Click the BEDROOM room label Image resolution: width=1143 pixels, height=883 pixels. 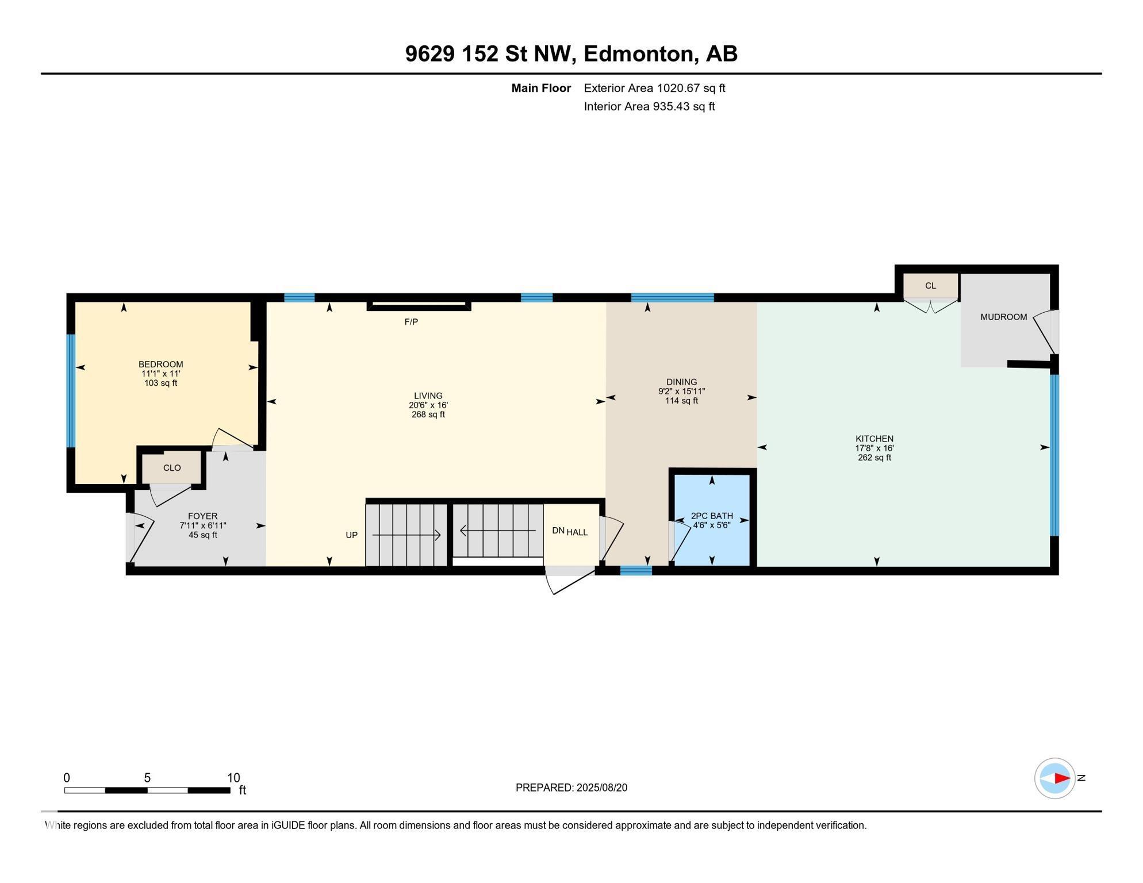point(160,364)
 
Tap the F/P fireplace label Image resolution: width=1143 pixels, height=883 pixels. point(411,322)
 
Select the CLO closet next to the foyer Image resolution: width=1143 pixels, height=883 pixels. point(172,468)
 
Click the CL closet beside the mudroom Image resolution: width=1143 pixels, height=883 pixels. point(930,286)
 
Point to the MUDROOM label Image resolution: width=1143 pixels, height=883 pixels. point(1003,317)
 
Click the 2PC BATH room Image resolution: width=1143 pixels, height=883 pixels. point(712,516)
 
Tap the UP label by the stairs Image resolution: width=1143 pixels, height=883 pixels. point(351,535)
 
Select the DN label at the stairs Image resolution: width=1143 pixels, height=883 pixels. point(558,531)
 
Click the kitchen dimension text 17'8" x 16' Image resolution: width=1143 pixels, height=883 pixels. point(874,448)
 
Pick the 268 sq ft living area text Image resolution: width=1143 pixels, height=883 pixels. point(428,414)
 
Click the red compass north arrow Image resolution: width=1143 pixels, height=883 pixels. point(1061,778)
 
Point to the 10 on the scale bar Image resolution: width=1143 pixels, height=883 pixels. point(233,778)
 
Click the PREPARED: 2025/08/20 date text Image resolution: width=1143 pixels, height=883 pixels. point(571,788)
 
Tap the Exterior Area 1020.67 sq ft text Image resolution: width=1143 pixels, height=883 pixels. point(654,89)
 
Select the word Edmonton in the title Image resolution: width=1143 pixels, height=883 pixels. point(640,54)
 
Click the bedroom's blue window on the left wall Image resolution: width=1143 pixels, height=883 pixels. point(71,391)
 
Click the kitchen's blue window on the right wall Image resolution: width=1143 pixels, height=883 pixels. point(1054,455)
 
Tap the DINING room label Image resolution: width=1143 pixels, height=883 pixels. point(681,382)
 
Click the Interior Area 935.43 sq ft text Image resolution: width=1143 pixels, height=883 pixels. point(649,107)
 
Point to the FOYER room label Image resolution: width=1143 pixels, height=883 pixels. point(202,516)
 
